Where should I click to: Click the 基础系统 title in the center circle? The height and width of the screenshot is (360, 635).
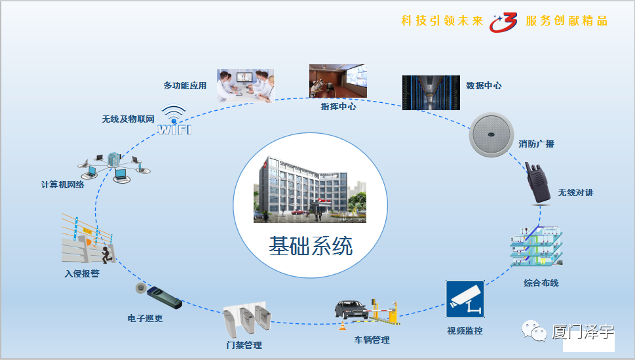(311, 246)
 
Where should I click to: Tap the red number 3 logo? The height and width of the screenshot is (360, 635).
(503, 22)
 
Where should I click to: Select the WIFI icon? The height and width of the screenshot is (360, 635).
(174, 120)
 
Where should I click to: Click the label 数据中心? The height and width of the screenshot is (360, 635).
(484, 85)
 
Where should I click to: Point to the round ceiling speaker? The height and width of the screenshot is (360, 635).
(491, 134)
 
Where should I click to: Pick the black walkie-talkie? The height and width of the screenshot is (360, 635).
(537, 183)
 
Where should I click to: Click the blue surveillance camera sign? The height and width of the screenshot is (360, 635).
(465, 299)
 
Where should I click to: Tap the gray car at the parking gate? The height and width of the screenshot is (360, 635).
(351, 310)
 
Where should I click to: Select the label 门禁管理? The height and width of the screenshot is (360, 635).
(244, 345)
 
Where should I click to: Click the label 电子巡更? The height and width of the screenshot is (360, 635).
(145, 318)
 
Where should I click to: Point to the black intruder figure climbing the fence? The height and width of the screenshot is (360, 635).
(107, 254)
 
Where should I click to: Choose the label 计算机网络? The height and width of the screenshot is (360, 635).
(63, 185)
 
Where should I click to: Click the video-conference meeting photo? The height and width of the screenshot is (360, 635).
(245, 85)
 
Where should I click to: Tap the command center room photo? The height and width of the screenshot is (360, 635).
(338, 81)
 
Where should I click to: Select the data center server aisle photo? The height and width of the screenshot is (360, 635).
(431, 93)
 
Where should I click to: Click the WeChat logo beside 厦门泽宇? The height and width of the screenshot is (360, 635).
(534, 330)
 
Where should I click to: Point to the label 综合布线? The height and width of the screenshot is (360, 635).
(541, 283)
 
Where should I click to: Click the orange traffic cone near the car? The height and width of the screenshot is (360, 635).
(343, 325)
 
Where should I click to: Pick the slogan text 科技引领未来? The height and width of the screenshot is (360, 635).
(442, 21)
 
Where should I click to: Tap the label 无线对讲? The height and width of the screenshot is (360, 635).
(575, 193)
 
